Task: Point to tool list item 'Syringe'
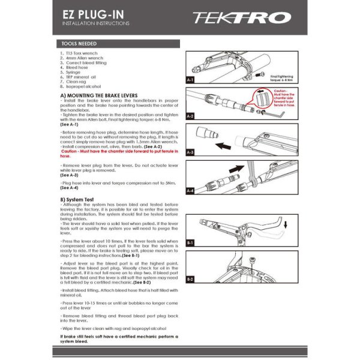point(73,72)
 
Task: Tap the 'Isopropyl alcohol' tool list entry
point(83,86)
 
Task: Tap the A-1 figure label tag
point(190,79)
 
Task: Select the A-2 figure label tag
point(190,115)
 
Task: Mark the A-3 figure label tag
point(190,152)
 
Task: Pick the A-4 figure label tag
point(190,190)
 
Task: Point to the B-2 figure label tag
point(190,280)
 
